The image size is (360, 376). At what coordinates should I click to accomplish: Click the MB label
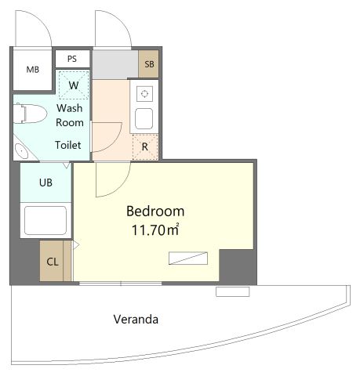pyautogui.click(x=33, y=70)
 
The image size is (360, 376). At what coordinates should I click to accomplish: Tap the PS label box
pyautogui.click(x=72, y=59)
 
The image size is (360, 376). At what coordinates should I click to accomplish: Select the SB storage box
pyautogui.click(x=148, y=63)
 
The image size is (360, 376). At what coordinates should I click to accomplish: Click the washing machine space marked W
pyautogui.click(x=74, y=85)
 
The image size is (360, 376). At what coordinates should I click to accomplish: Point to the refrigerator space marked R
pyautogui.click(x=145, y=146)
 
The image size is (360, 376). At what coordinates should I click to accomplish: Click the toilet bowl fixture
pyautogui.click(x=30, y=114)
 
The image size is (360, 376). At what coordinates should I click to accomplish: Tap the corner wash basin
pyautogui.click(x=21, y=151)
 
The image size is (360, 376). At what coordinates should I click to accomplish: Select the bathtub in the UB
pyautogui.click(x=45, y=220)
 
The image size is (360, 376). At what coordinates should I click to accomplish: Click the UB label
pyautogui.click(x=45, y=183)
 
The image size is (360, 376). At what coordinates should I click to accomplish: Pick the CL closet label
pyautogui.click(x=53, y=262)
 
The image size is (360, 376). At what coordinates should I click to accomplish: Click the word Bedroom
pyautogui.click(x=155, y=211)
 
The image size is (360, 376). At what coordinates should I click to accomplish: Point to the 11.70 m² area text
pyautogui.click(x=155, y=230)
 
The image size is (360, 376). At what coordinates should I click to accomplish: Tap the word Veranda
pyautogui.click(x=136, y=320)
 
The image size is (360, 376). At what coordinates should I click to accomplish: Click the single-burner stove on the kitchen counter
pyautogui.click(x=144, y=94)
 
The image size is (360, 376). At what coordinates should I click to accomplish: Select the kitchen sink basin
pyautogui.click(x=144, y=118)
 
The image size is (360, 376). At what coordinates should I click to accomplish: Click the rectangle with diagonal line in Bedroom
pyautogui.click(x=188, y=258)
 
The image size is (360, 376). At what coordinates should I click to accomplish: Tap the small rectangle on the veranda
pyautogui.click(x=233, y=291)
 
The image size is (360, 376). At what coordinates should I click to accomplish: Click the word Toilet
pyautogui.click(x=68, y=145)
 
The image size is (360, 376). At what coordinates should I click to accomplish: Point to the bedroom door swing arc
pyautogui.click(x=121, y=187)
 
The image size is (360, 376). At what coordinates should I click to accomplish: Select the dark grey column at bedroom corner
pyautogui.click(x=237, y=266)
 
